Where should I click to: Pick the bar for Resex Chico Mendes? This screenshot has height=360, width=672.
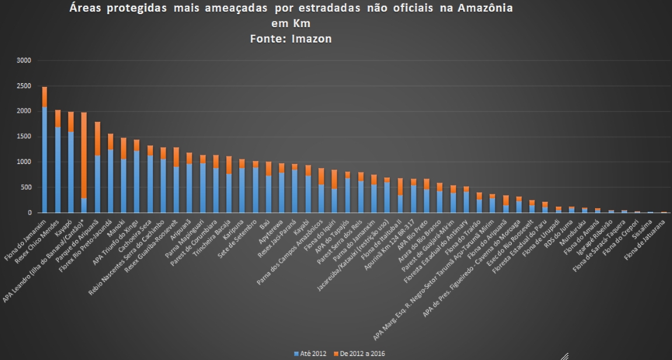pos(58,163)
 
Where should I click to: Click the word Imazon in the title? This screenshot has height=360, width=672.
pos(311,39)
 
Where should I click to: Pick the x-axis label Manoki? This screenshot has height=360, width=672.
pos(117,223)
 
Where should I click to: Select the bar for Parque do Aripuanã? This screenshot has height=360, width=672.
pos(97,169)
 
